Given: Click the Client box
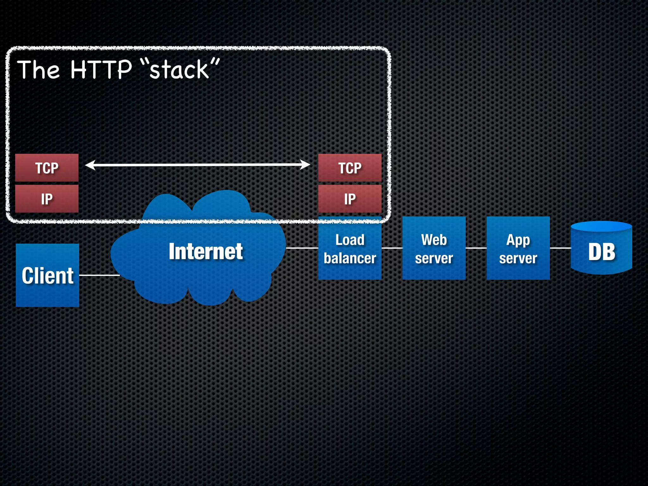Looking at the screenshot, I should pos(47,275).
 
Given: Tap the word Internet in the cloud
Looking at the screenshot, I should pos(206,252).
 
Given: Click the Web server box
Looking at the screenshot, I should pos(434,248).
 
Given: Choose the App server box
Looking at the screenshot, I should pos(518,248).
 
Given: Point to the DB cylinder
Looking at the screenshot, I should pos(601,250).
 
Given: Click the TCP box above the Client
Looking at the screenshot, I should pos(47,168).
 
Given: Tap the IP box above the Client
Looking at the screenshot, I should pos(47,199).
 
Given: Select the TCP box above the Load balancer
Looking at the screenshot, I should pos(350,168).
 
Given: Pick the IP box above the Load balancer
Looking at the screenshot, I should pos(350,199).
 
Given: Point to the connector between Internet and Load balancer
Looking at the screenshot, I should pos(302,248).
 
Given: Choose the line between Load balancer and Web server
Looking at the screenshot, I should pos(392,248).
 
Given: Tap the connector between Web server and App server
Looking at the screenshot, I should pos(476,248).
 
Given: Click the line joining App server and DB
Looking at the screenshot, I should pos(560,248).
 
